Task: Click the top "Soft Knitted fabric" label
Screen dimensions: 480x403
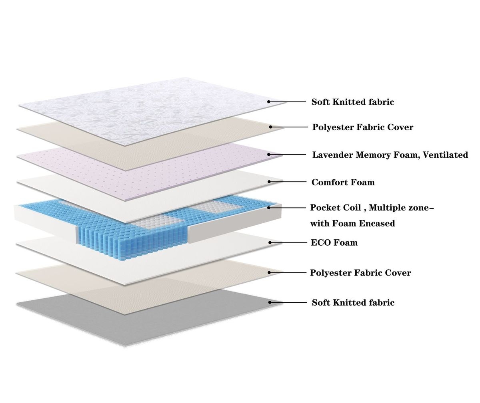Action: click(x=353, y=102)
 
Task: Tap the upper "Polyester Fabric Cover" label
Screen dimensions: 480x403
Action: click(x=362, y=127)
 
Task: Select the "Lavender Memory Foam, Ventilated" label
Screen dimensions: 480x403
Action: click(x=390, y=155)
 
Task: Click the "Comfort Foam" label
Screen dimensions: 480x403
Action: click(x=343, y=183)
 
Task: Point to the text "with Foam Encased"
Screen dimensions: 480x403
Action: click(x=353, y=223)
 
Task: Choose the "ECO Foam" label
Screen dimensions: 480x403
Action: click(x=334, y=242)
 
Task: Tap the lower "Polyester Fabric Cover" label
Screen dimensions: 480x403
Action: click(x=360, y=273)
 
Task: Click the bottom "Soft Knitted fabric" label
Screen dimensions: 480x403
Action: click(x=353, y=302)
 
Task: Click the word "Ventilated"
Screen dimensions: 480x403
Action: click(x=446, y=155)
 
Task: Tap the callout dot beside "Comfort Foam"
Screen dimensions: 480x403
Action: click(x=269, y=182)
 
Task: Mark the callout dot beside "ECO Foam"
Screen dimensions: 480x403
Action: click(x=270, y=242)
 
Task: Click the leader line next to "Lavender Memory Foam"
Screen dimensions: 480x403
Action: click(x=287, y=155)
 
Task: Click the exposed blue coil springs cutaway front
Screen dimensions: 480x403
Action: click(x=132, y=241)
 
